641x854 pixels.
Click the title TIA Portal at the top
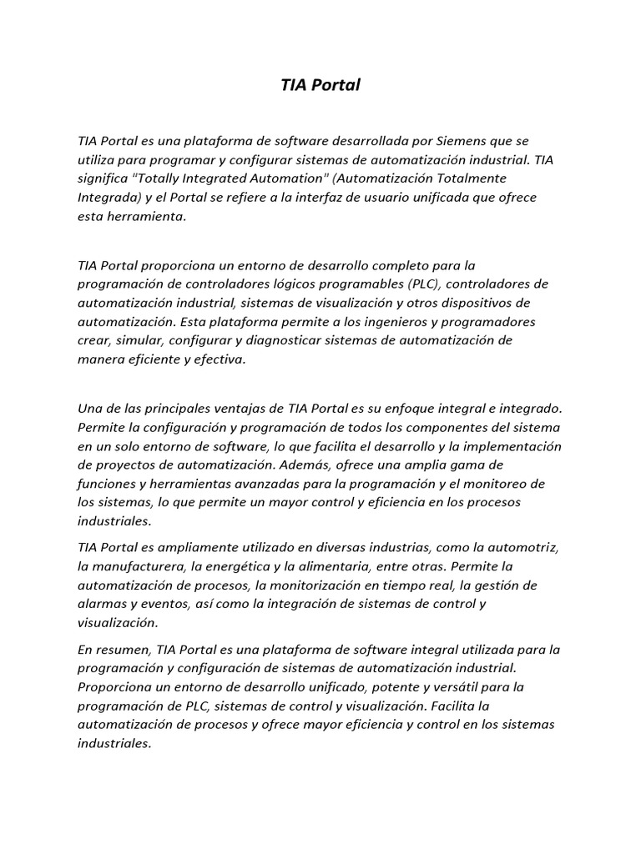click(x=320, y=85)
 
